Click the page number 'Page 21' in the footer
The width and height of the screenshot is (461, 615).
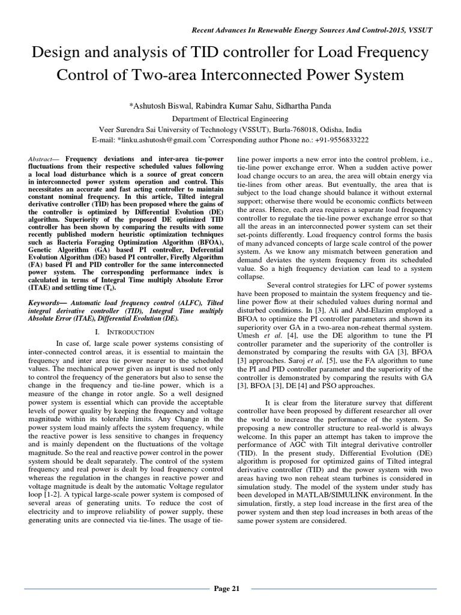227,588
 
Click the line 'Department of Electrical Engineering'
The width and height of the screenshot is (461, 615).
230,119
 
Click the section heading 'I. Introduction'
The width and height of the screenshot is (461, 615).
125,332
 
